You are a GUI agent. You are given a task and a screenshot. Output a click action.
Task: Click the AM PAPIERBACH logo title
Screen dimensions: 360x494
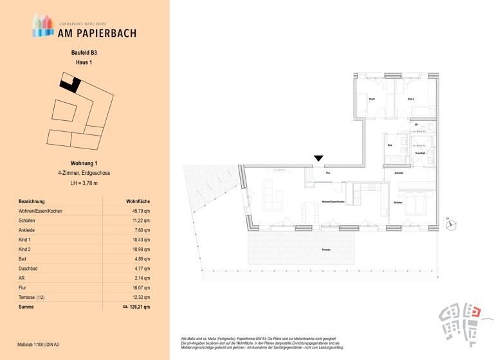tap(97, 33)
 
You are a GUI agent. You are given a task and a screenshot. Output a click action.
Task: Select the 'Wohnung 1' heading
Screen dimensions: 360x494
tap(84, 164)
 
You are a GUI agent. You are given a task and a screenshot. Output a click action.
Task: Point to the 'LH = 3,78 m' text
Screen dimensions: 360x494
tap(84, 183)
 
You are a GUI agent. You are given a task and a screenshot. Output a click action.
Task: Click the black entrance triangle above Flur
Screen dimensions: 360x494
tap(318, 159)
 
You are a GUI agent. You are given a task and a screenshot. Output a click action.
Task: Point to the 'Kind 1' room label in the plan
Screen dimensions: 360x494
tap(372, 99)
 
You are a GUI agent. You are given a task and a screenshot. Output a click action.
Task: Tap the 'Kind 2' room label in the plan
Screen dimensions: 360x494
tap(410, 99)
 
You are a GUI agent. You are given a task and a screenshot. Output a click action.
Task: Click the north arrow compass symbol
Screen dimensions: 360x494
tap(453, 224)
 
